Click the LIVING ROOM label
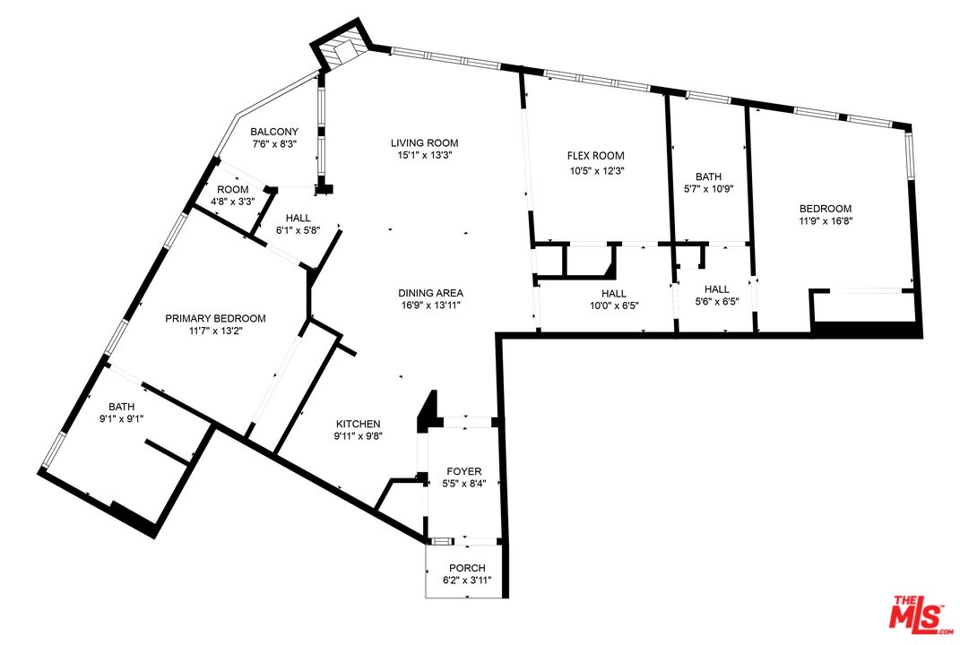tap(424, 142)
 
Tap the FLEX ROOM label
tap(596, 156)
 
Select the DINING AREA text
tap(431, 293)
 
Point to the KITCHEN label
tap(359, 424)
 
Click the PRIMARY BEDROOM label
tap(215, 318)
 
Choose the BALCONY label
tap(274, 132)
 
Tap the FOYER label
tap(464, 471)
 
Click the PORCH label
tap(467, 568)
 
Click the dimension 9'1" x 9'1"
tap(121, 417)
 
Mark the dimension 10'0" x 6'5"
tap(614, 305)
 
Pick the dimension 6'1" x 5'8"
tap(298, 230)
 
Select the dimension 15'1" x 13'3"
tap(424, 155)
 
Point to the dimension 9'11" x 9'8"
tap(359, 436)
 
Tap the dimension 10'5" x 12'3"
tap(596, 169)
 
